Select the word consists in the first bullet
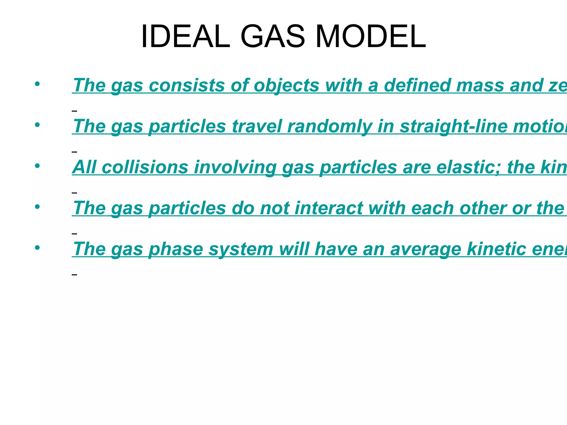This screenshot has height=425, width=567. (x=187, y=85)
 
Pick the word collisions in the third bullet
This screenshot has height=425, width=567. (x=145, y=167)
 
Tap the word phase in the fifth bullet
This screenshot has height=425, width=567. (x=176, y=249)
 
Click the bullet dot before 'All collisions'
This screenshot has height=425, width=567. (x=37, y=166)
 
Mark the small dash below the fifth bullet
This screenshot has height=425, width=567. (x=74, y=274)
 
